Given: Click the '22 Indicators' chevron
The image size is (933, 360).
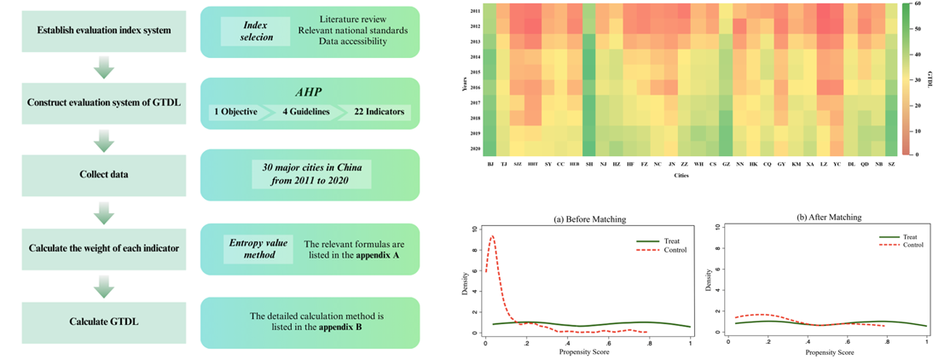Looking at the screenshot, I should click(x=376, y=112).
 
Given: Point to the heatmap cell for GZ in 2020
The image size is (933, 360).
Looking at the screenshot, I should click(x=725, y=148).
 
